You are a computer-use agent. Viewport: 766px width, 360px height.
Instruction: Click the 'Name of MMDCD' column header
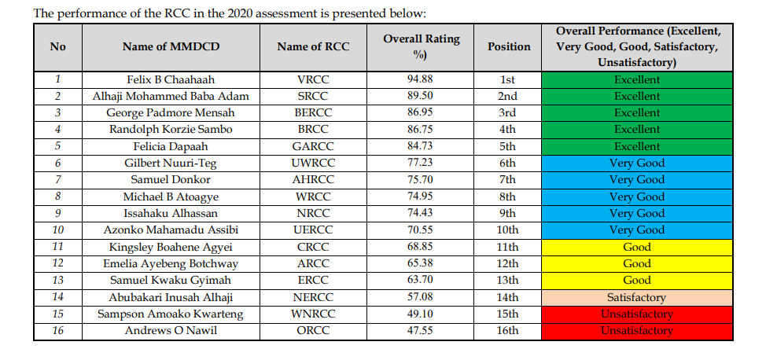click(171, 46)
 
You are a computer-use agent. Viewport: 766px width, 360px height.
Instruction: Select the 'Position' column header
click(508, 46)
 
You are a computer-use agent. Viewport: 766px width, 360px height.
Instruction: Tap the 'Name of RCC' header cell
click(313, 46)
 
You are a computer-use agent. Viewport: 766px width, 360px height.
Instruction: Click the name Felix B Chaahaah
click(171, 79)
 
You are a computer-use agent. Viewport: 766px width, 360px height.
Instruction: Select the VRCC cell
click(313, 79)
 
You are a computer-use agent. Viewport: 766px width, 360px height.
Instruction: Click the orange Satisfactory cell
click(637, 297)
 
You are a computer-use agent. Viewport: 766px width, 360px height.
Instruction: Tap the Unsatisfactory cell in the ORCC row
click(637, 331)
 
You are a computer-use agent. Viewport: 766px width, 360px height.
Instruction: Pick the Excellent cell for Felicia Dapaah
click(637, 146)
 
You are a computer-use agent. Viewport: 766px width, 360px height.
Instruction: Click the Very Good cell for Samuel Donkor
click(637, 180)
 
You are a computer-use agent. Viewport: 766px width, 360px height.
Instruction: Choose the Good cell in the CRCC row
click(637, 247)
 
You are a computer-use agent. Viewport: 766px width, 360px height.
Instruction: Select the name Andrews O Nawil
click(171, 331)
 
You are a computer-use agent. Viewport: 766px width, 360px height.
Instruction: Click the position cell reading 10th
click(508, 230)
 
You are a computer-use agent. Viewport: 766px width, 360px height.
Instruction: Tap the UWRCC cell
click(313, 163)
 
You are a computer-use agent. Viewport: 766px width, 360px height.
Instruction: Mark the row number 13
click(57, 281)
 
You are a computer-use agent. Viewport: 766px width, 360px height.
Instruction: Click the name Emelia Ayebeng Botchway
click(171, 263)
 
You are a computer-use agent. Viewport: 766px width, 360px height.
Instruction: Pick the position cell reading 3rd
click(508, 113)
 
